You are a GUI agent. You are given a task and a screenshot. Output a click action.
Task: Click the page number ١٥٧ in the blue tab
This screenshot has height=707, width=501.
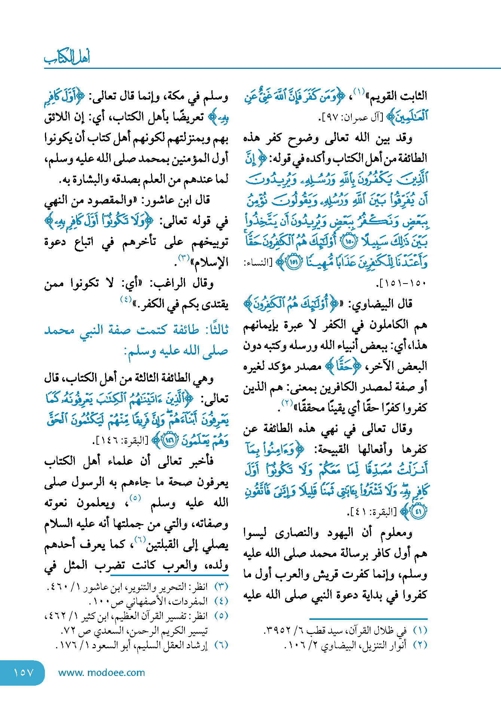24,673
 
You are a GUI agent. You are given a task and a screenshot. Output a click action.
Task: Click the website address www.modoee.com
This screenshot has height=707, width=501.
101,673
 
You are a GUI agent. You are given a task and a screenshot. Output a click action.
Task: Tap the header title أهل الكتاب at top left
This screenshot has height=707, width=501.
67,57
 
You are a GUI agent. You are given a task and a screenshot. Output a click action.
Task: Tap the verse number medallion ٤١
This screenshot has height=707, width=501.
418,512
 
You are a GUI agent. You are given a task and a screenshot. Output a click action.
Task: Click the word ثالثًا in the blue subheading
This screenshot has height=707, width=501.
214,330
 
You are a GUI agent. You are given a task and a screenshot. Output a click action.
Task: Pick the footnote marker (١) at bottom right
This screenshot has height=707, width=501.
420,631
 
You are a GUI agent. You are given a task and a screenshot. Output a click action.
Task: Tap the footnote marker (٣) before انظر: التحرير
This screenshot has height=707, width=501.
221,587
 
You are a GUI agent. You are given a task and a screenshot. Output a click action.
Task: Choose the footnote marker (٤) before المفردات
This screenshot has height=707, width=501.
221,602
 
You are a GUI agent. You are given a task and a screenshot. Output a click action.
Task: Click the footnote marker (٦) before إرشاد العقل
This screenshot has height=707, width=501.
221,645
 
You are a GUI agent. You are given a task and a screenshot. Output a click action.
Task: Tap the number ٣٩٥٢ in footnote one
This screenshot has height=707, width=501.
277,631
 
